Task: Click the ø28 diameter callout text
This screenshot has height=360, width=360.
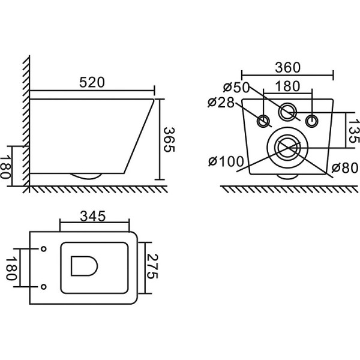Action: pos(220,102)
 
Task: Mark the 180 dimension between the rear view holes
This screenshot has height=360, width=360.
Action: pos(287,86)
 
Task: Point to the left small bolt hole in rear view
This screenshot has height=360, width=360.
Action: pos(263,121)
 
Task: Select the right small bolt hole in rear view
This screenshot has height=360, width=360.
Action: pos(311,121)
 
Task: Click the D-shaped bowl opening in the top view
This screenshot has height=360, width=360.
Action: pos(83,266)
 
